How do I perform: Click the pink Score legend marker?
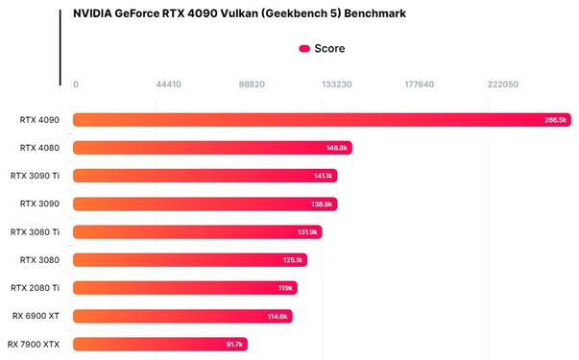tap(304, 48)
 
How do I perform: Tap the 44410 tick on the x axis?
tap(168, 84)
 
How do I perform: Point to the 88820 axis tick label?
tap(252, 84)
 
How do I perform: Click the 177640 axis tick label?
tap(420, 84)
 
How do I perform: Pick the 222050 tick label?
tap(503, 84)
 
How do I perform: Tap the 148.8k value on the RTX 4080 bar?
tap(337, 148)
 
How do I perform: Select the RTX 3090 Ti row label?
tap(35, 176)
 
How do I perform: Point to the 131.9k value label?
tap(307, 232)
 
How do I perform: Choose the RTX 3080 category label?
tap(39, 260)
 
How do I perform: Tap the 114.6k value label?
tap(278, 316)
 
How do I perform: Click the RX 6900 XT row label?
tap(36, 316)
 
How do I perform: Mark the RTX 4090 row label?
tap(39, 120)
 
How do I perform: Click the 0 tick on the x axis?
tap(76, 84)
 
